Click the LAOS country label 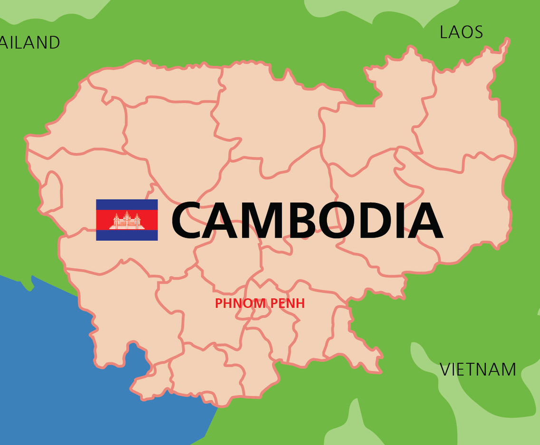[x=461, y=32]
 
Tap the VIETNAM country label [x=478, y=369]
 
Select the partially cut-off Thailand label [x=29, y=43]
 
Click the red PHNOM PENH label [x=260, y=303]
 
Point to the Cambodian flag [x=127, y=220]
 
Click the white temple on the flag [x=127, y=221]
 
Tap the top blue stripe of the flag [x=127, y=204]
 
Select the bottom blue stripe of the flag [x=127, y=235]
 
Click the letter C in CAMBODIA [x=189, y=221]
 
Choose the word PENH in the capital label [x=288, y=303]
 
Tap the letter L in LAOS [x=444, y=32]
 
